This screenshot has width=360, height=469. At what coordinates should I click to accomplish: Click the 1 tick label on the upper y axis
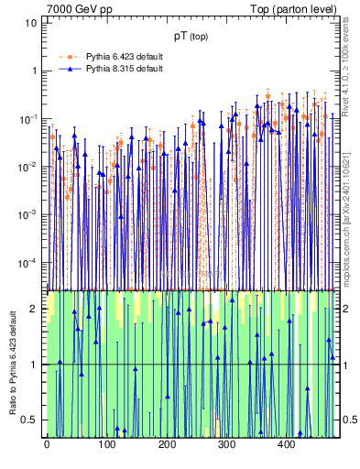pyautogui.click(x=34, y=71)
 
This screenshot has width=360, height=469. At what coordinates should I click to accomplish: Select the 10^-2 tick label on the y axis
pyautogui.click(x=28, y=167)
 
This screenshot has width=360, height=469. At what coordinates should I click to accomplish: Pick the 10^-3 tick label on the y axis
pyautogui.click(x=28, y=215)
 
